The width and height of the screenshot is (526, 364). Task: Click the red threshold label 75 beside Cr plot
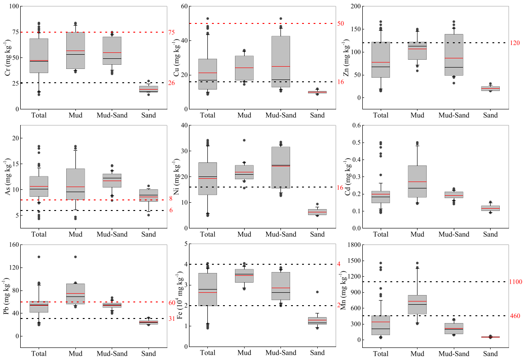[172, 32]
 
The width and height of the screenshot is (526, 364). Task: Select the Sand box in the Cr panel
[149, 89]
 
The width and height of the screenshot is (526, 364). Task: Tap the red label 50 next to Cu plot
[341, 23]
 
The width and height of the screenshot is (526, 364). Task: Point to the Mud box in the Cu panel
[244, 68]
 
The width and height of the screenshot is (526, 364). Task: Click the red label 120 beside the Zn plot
[515, 43]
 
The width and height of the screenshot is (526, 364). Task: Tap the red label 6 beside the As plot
[170, 210]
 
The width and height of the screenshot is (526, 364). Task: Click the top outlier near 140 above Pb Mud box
[75, 257]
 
